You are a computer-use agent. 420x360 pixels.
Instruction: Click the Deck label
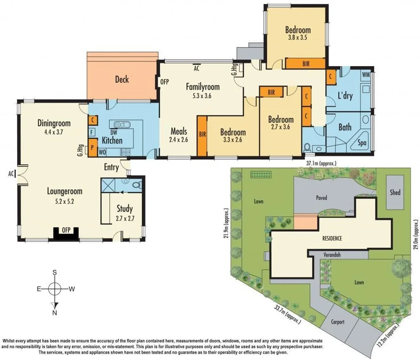122,79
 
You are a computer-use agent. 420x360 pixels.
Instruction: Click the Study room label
124,208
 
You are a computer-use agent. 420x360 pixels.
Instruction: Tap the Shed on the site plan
395,192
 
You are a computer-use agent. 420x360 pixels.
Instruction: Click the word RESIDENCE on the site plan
332,238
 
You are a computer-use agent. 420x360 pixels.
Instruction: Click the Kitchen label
112,141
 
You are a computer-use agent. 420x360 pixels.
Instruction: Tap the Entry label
111,167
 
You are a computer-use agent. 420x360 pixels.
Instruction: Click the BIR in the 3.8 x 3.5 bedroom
306,64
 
